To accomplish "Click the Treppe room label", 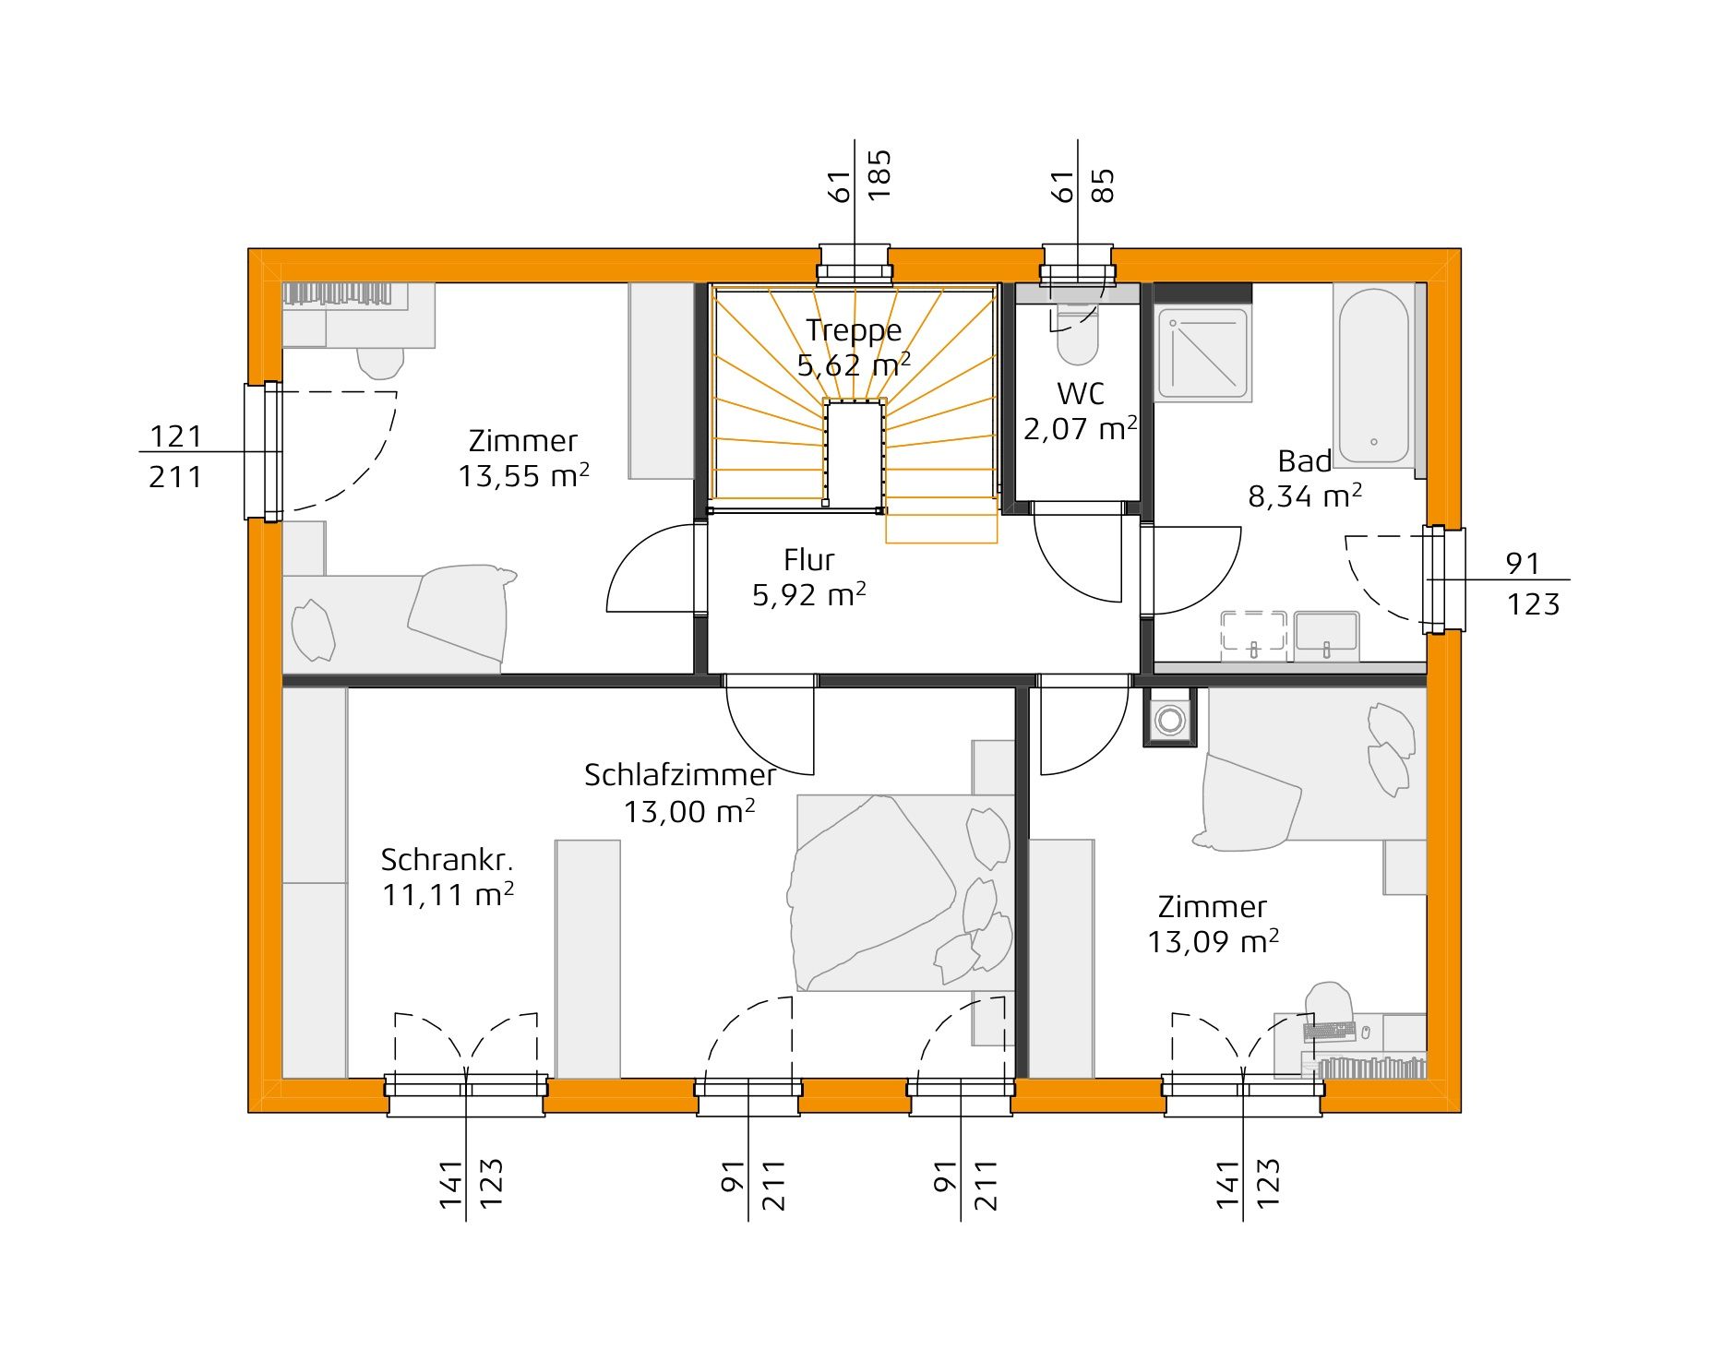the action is (x=854, y=330).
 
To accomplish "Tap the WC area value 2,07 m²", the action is (x=1080, y=429).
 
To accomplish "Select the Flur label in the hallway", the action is (x=809, y=560).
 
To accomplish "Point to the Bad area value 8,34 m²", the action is (x=1305, y=496).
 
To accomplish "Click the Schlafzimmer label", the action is (x=680, y=775).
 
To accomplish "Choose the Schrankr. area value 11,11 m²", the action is (x=448, y=894).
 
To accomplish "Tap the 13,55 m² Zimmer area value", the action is (x=524, y=476).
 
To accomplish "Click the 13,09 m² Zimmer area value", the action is (x=1213, y=942).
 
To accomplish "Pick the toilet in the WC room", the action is (x=1077, y=335).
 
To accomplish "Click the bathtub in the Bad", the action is (x=1374, y=376).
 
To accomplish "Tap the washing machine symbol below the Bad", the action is (x=1170, y=717).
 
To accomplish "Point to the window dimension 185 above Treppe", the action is (x=879, y=176).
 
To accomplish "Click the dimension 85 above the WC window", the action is (x=1103, y=185).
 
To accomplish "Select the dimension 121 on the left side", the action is (x=175, y=436).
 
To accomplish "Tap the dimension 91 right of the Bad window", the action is (x=1523, y=563).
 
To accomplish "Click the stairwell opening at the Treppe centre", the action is (x=855, y=454).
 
